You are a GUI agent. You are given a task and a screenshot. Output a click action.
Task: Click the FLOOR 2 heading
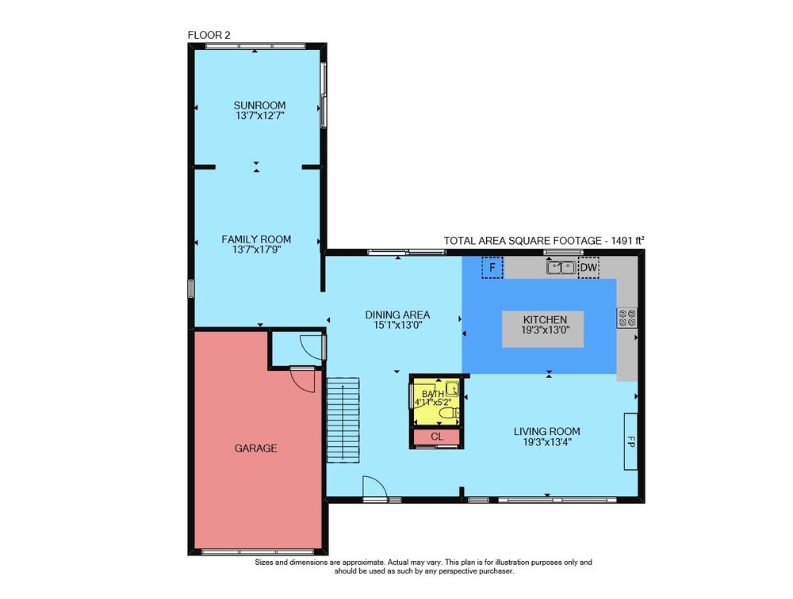click(x=209, y=35)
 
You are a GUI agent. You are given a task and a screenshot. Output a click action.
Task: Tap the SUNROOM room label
click(x=259, y=105)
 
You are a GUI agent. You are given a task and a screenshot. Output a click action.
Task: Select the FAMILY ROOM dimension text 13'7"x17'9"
click(x=256, y=250)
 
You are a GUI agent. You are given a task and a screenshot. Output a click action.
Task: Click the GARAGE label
click(x=255, y=448)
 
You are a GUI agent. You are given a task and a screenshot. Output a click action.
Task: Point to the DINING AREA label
click(x=397, y=315)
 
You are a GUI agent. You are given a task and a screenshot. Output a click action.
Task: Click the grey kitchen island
click(x=542, y=329)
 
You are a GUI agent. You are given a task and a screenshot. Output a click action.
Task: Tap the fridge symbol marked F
click(x=492, y=267)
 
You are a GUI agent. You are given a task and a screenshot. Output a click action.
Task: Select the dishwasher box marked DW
click(x=588, y=267)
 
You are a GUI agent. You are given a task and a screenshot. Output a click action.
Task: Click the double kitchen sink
click(x=561, y=267)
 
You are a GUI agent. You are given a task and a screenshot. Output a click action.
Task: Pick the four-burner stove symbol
click(x=627, y=318)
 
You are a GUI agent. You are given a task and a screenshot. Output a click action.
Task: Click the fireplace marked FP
click(x=630, y=441)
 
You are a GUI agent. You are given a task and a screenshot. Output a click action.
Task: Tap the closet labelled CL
click(x=437, y=437)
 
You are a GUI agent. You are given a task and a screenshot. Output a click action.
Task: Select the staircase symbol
click(x=343, y=420)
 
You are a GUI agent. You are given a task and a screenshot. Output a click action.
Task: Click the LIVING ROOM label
click(x=546, y=431)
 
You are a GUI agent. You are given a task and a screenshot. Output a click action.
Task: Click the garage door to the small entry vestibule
click(x=302, y=379)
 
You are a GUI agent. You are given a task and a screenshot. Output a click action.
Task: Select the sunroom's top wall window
click(x=255, y=47)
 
